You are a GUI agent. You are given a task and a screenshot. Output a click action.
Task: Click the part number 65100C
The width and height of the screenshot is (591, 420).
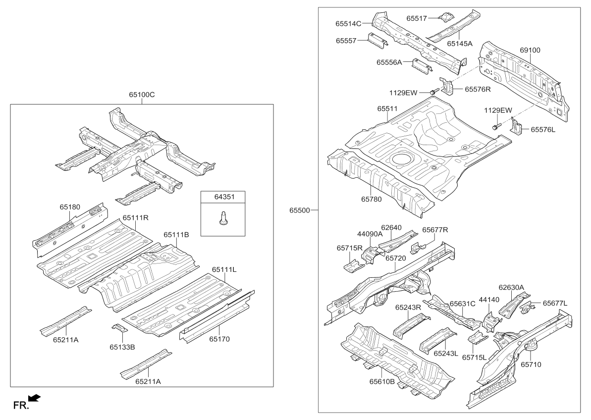click(142, 95)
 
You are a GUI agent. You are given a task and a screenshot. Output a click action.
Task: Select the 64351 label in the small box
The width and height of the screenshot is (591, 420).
click(223, 197)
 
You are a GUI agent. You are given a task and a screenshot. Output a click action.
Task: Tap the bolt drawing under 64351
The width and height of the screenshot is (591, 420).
click(222, 218)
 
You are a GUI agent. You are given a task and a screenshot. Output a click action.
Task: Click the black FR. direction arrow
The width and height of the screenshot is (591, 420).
click(34, 398)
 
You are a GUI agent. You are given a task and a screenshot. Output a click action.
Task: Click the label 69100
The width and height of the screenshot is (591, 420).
click(530, 50)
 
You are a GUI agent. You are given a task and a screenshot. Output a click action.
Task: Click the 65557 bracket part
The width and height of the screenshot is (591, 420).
click(378, 40)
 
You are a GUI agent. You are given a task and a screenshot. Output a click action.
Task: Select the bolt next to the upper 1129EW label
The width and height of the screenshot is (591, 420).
click(433, 92)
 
